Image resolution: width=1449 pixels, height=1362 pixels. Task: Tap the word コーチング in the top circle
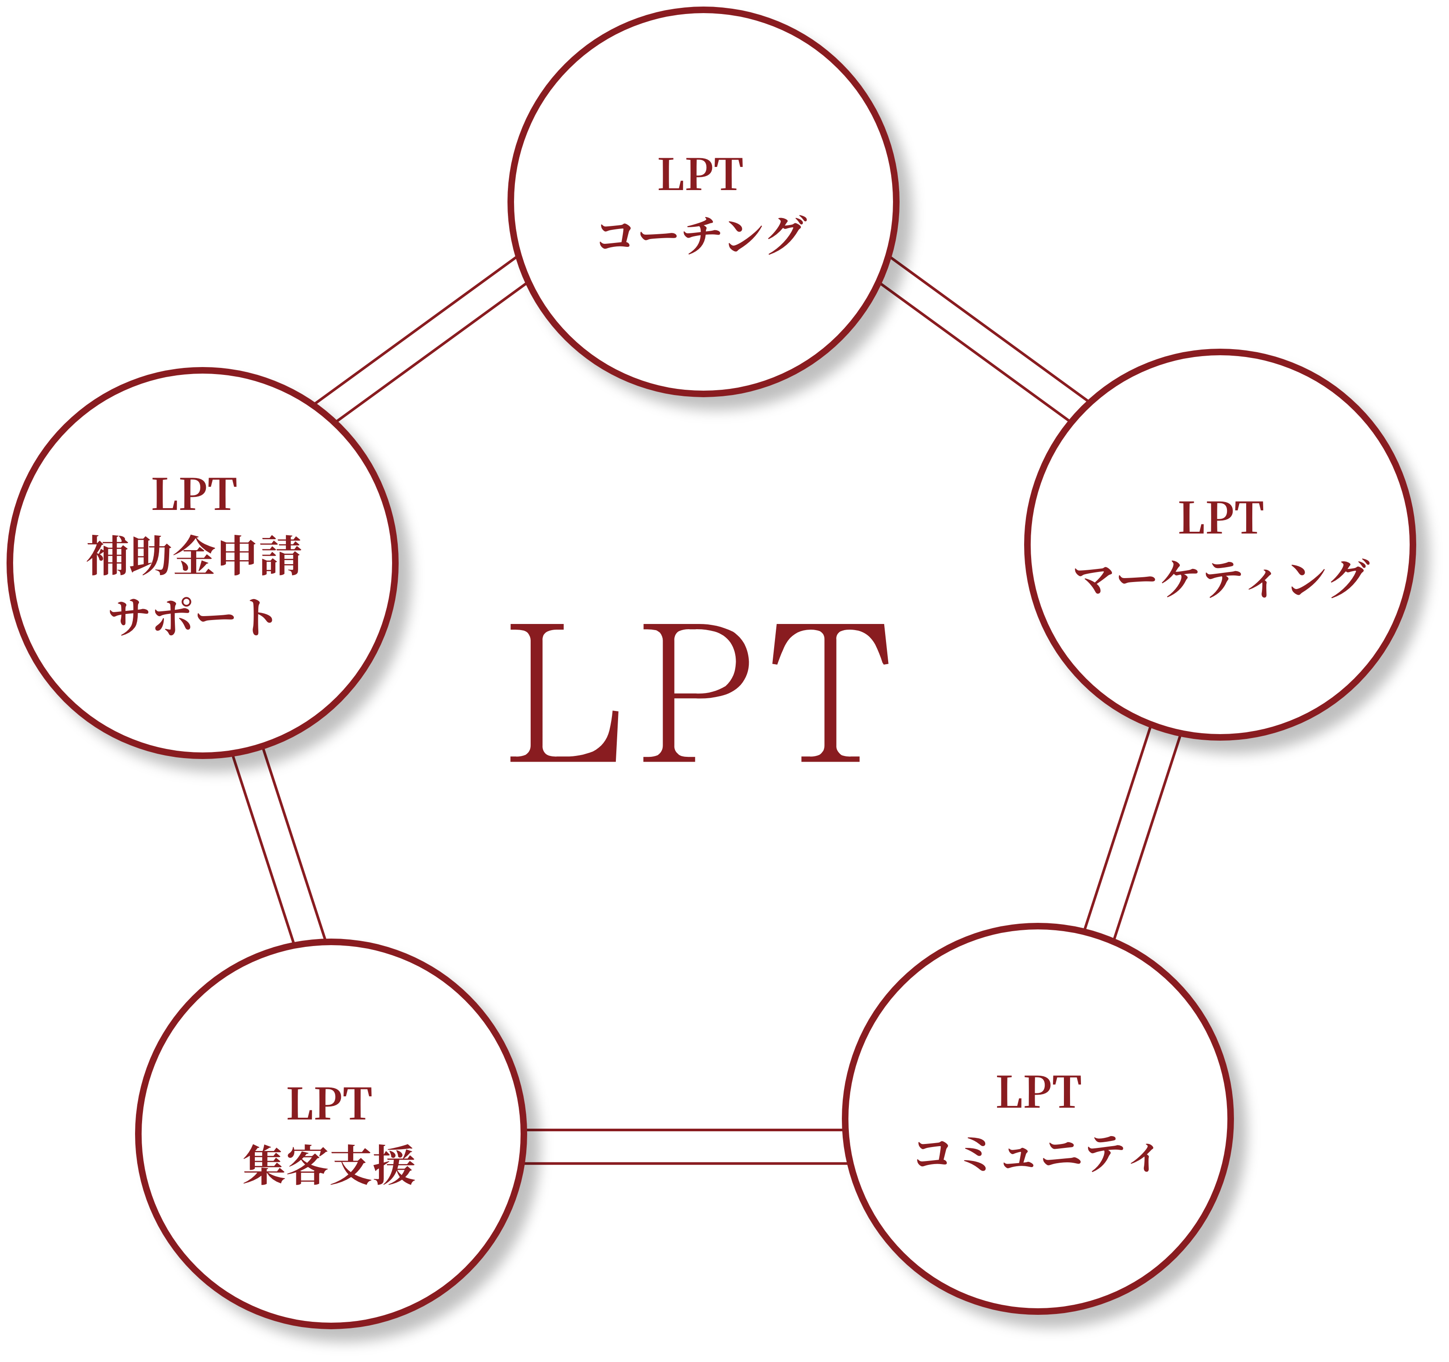click(701, 235)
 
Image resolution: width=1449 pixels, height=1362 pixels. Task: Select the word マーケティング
click(1220, 579)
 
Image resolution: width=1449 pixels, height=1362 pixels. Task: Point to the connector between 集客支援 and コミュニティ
click(685, 1146)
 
